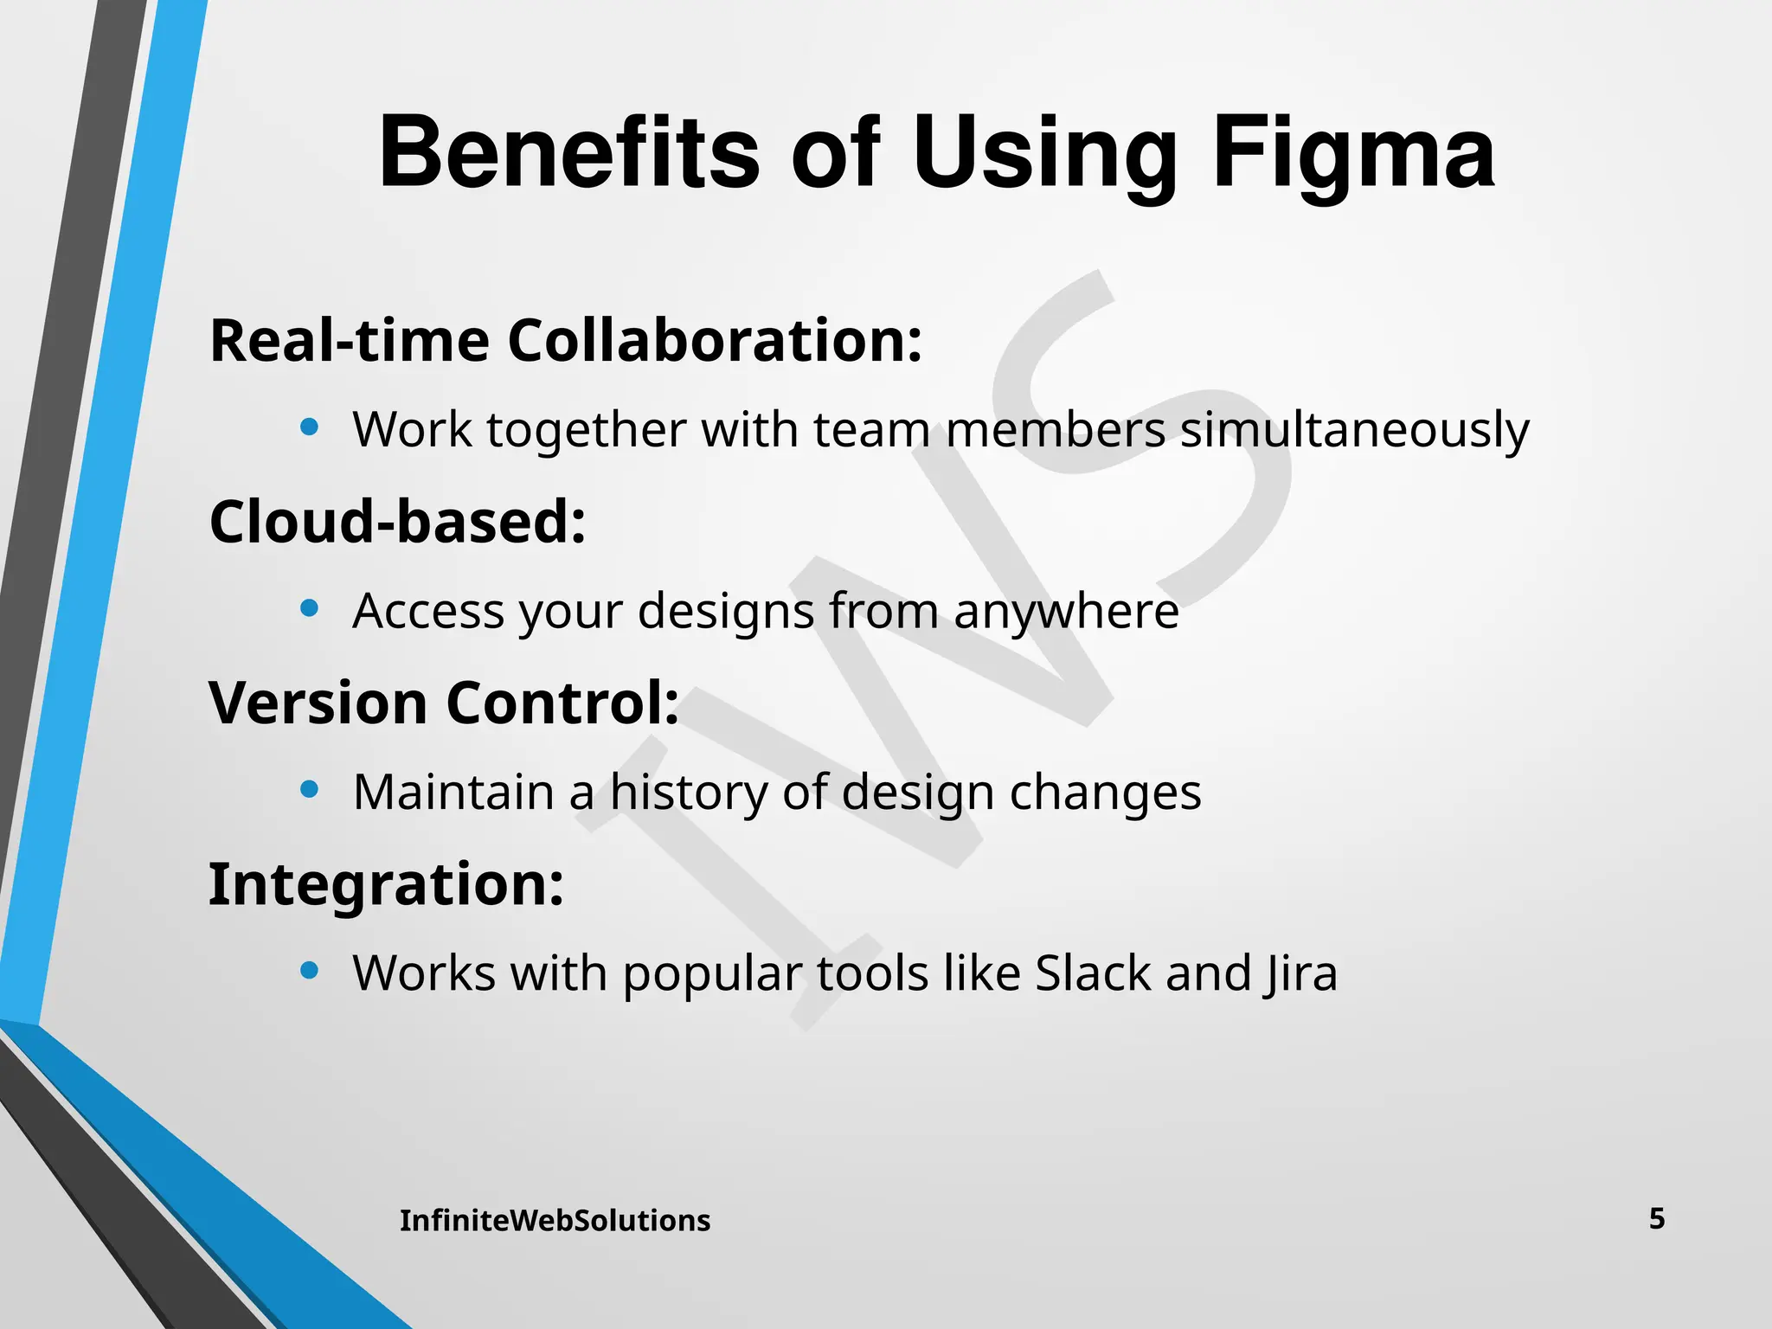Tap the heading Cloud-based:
tap(398, 522)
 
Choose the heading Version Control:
tap(444, 703)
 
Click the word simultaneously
tap(1355, 430)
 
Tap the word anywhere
tap(1066, 612)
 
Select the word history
tap(688, 793)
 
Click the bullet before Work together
tap(310, 427)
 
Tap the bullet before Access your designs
tap(310, 608)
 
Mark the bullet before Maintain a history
tap(310, 789)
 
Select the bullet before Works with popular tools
tap(310, 970)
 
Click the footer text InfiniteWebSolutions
tap(555, 1221)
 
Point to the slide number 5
tap(1656, 1219)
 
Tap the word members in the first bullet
tap(1055, 430)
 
